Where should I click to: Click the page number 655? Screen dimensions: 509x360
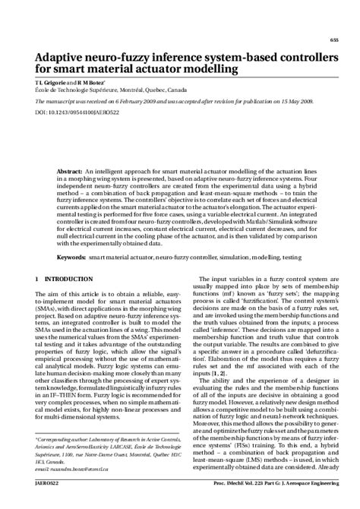pyautogui.click(x=334, y=40)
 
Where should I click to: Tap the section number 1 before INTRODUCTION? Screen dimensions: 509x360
pyautogui.click(x=37, y=280)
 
